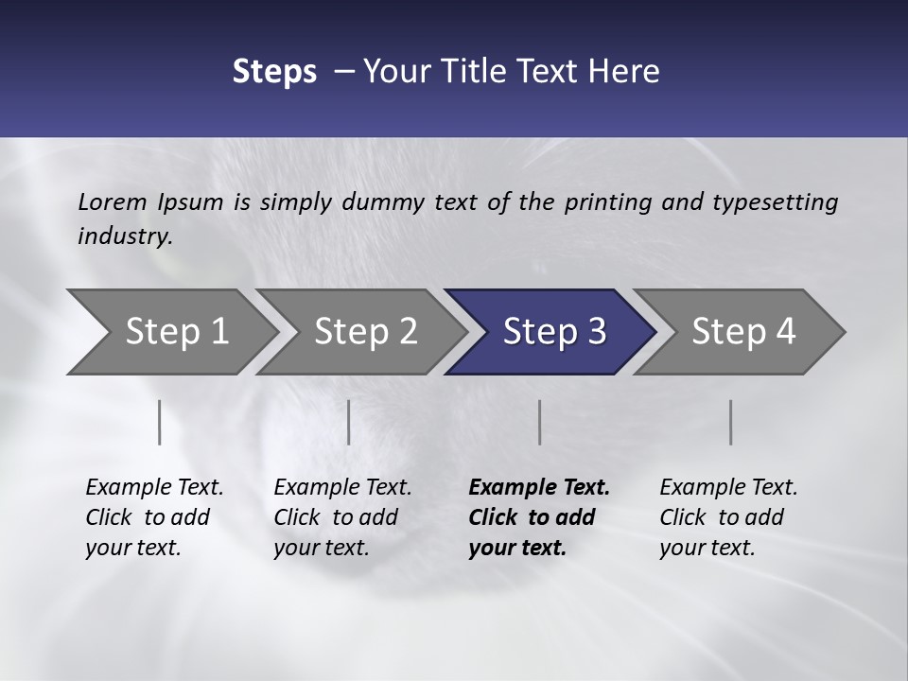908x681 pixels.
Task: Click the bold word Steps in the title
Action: point(274,72)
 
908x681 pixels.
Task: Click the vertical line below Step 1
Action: point(160,422)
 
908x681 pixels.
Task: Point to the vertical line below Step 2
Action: point(349,422)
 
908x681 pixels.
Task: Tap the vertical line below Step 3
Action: point(540,422)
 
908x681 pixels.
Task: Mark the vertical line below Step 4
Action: point(731,422)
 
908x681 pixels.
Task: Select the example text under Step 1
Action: point(154,516)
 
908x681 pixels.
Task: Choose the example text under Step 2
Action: point(342,516)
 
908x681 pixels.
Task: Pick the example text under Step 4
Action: point(727,516)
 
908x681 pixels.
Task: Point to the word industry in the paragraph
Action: point(123,236)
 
